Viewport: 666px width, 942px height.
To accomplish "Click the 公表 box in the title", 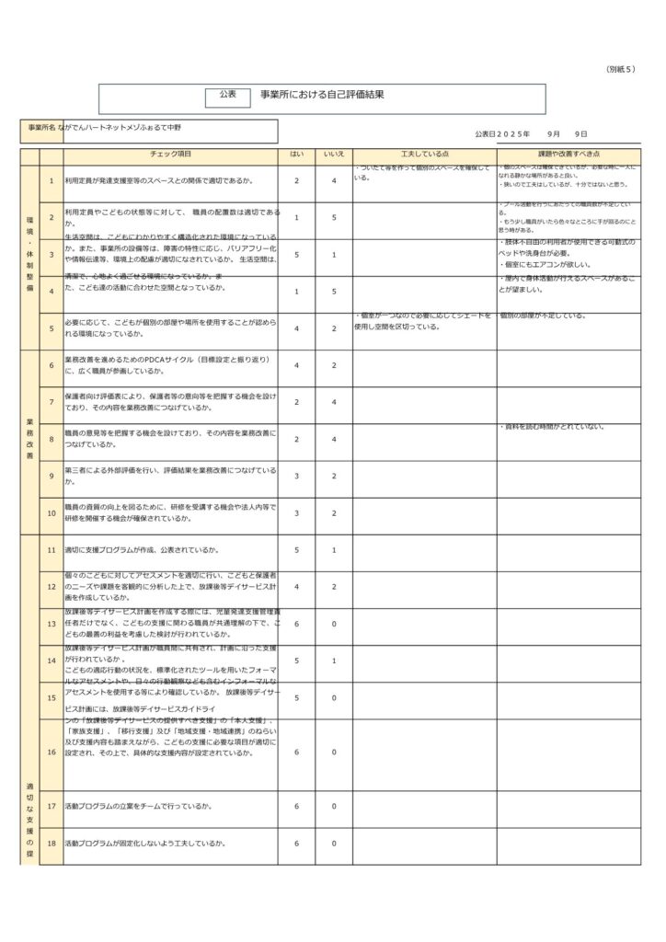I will pos(228,95).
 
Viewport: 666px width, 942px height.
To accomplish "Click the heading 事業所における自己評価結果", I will pos(322,95).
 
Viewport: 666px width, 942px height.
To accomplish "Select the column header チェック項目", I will pos(170,155).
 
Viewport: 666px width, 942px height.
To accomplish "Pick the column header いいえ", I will pos(334,155).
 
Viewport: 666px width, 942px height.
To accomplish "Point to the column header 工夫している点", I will pos(424,155).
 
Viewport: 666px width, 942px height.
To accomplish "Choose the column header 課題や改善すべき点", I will pos(568,155).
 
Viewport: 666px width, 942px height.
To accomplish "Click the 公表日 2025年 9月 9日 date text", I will pos(532,133).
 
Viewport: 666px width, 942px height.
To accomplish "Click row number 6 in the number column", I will pos(52,366).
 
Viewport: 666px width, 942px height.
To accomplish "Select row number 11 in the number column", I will pos(52,550).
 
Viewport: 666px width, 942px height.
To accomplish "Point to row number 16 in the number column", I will pos(52,752).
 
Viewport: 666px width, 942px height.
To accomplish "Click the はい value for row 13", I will pos(297,624).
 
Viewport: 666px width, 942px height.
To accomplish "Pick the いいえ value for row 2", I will pos(334,218).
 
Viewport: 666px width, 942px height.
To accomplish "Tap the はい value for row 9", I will pos(297,476).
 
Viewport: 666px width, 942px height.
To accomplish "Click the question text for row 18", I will pos(145,844).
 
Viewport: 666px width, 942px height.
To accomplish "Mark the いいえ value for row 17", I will pos(334,807).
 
